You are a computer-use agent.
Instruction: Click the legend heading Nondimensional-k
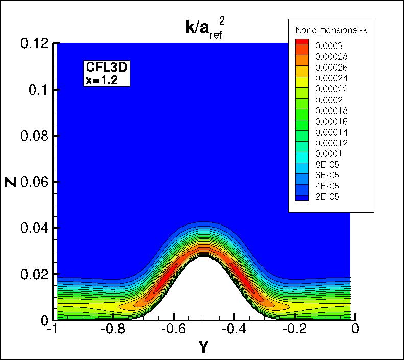pyautogui.click(x=331, y=30)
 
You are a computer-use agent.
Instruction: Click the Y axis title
pyautogui.click(x=204, y=348)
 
